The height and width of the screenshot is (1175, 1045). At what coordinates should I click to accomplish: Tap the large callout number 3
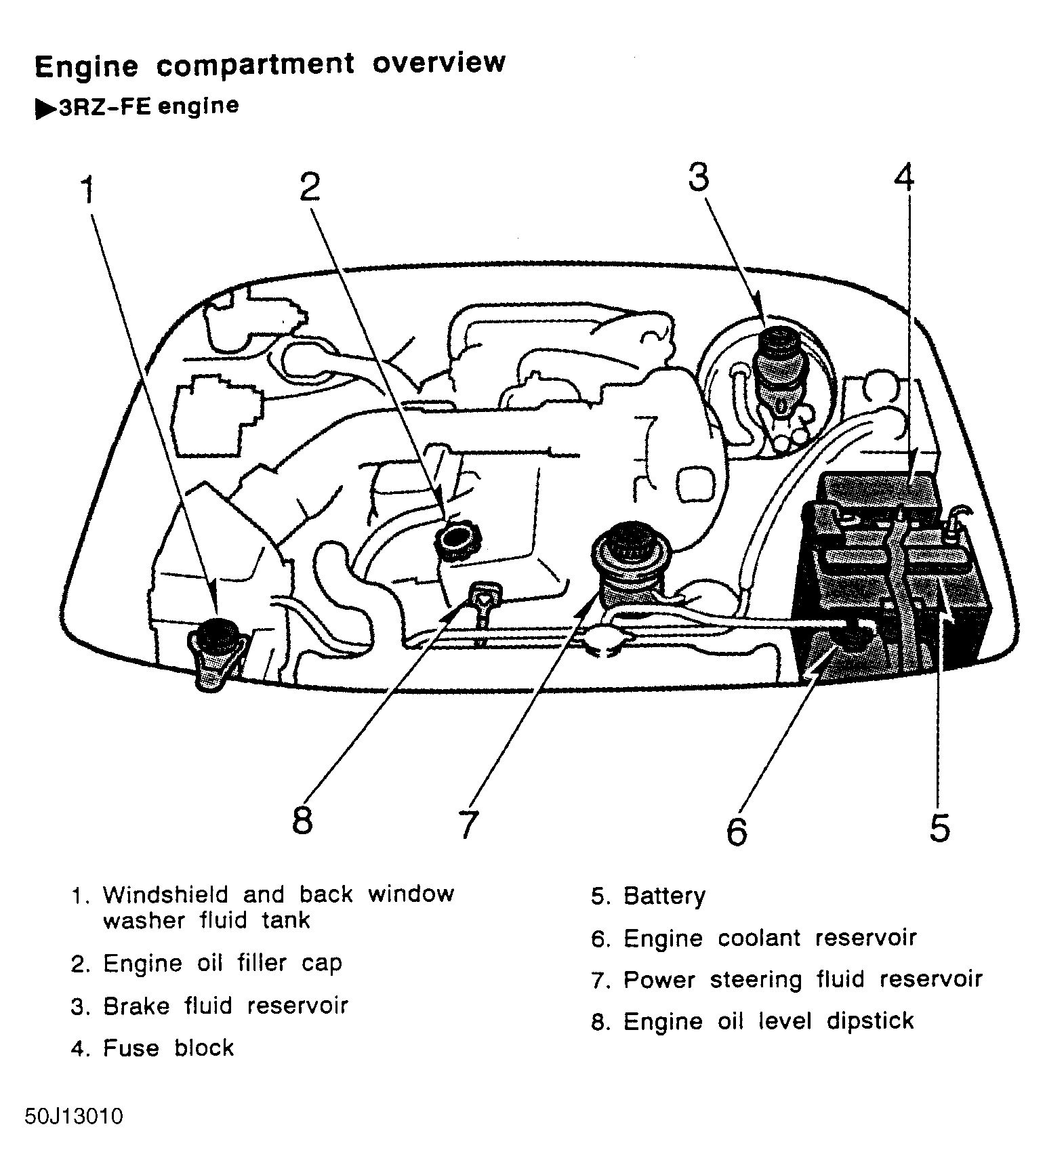point(699,178)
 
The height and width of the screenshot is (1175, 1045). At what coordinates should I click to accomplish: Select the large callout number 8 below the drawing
point(302,820)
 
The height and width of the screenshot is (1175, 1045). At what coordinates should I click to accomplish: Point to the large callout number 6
point(737,831)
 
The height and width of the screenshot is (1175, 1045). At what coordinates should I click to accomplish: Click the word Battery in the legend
point(664,896)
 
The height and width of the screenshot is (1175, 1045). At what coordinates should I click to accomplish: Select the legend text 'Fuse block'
point(168,1048)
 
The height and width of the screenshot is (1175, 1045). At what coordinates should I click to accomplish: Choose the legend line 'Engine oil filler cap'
point(222,964)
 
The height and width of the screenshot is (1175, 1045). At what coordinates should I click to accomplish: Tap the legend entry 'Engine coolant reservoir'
point(769,938)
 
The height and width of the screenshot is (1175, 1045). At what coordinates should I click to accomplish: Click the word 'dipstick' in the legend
point(870,1021)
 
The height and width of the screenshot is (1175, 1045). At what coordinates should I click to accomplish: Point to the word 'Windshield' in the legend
point(165,894)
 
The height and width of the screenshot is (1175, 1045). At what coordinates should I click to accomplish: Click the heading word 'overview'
point(438,63)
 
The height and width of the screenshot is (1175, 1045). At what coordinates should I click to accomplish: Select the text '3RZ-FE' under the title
point(105,108)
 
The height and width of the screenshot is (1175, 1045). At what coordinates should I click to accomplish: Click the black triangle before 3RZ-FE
point(45,109)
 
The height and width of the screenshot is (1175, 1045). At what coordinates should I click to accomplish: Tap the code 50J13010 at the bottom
point(74,1116)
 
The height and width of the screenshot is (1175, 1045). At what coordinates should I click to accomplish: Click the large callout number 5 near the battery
point(939,828)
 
